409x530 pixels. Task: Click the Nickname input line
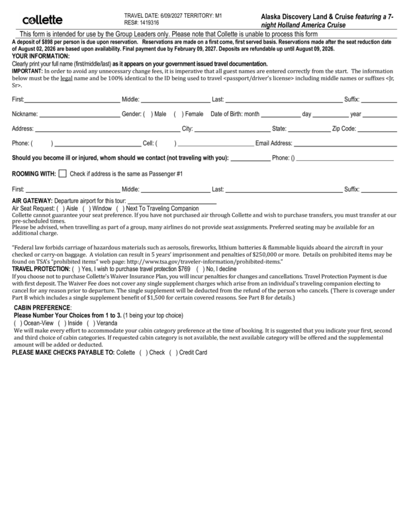pyautogui.click(x=79, y=115)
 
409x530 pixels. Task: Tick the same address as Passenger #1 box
pyautogui.click(x=62, y=174)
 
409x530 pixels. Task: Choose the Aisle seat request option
pyautogui.click(x=61, y=208)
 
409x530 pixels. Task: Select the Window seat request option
pyautogui.click(x=87, y=208)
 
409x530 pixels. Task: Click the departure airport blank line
pyautogui.click(x=172, y=201)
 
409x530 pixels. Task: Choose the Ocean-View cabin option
pyautogui.click(x=23, y=323)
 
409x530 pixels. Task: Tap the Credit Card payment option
pyautogui.click(x=173, y=352)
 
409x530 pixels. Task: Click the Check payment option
pyautogui.click(x=142, y=352)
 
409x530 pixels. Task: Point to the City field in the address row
pyautogui.click(x=232, y=129)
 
